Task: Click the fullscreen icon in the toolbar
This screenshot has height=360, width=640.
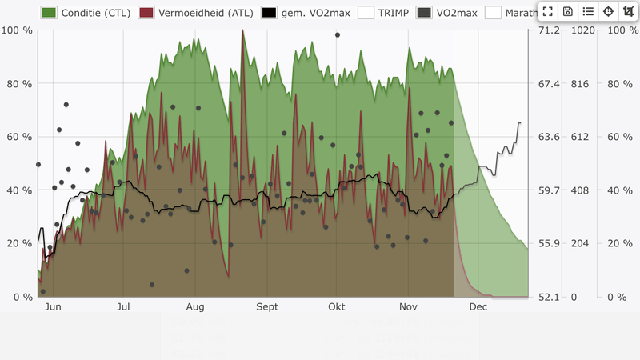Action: pyautogui.click(x=548, y=11)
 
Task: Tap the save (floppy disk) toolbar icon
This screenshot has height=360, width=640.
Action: pyautogui.click(x=568, y=11)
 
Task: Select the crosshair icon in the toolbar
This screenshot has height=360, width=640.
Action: pyautogui.click(x=608, y=11)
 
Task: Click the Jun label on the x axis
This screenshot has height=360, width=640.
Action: pyautogui.click(x=53, y=306)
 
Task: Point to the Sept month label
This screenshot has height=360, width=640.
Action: pyautogui.click(x=266, y=306)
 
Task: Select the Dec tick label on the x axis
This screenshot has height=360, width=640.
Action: pyautogui.click(x=478, y=306)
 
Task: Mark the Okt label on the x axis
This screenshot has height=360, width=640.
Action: pyautogui.click(x=337, y=306)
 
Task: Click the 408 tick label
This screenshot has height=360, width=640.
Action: pyautogui.click(x=579, y=190)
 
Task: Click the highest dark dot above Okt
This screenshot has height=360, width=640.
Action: pyautogui.click(x=338, y=35)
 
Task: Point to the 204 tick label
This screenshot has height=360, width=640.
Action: pyautogui.click(x=579, y=243)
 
